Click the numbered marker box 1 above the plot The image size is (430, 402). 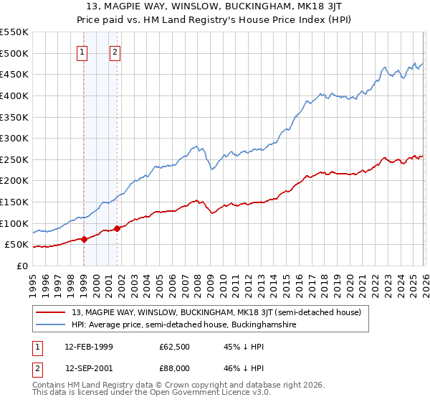click(x=82, y=52)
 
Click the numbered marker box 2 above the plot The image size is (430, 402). click(x=115, y=52)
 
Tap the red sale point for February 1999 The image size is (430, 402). click(x=84, y=239)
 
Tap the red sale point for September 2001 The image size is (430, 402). click(x=117, y=228)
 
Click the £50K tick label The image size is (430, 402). click(x=17, y=245)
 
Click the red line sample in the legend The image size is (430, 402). click(x=52, y=312)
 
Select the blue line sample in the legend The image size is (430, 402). click(x=52, y=325)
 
